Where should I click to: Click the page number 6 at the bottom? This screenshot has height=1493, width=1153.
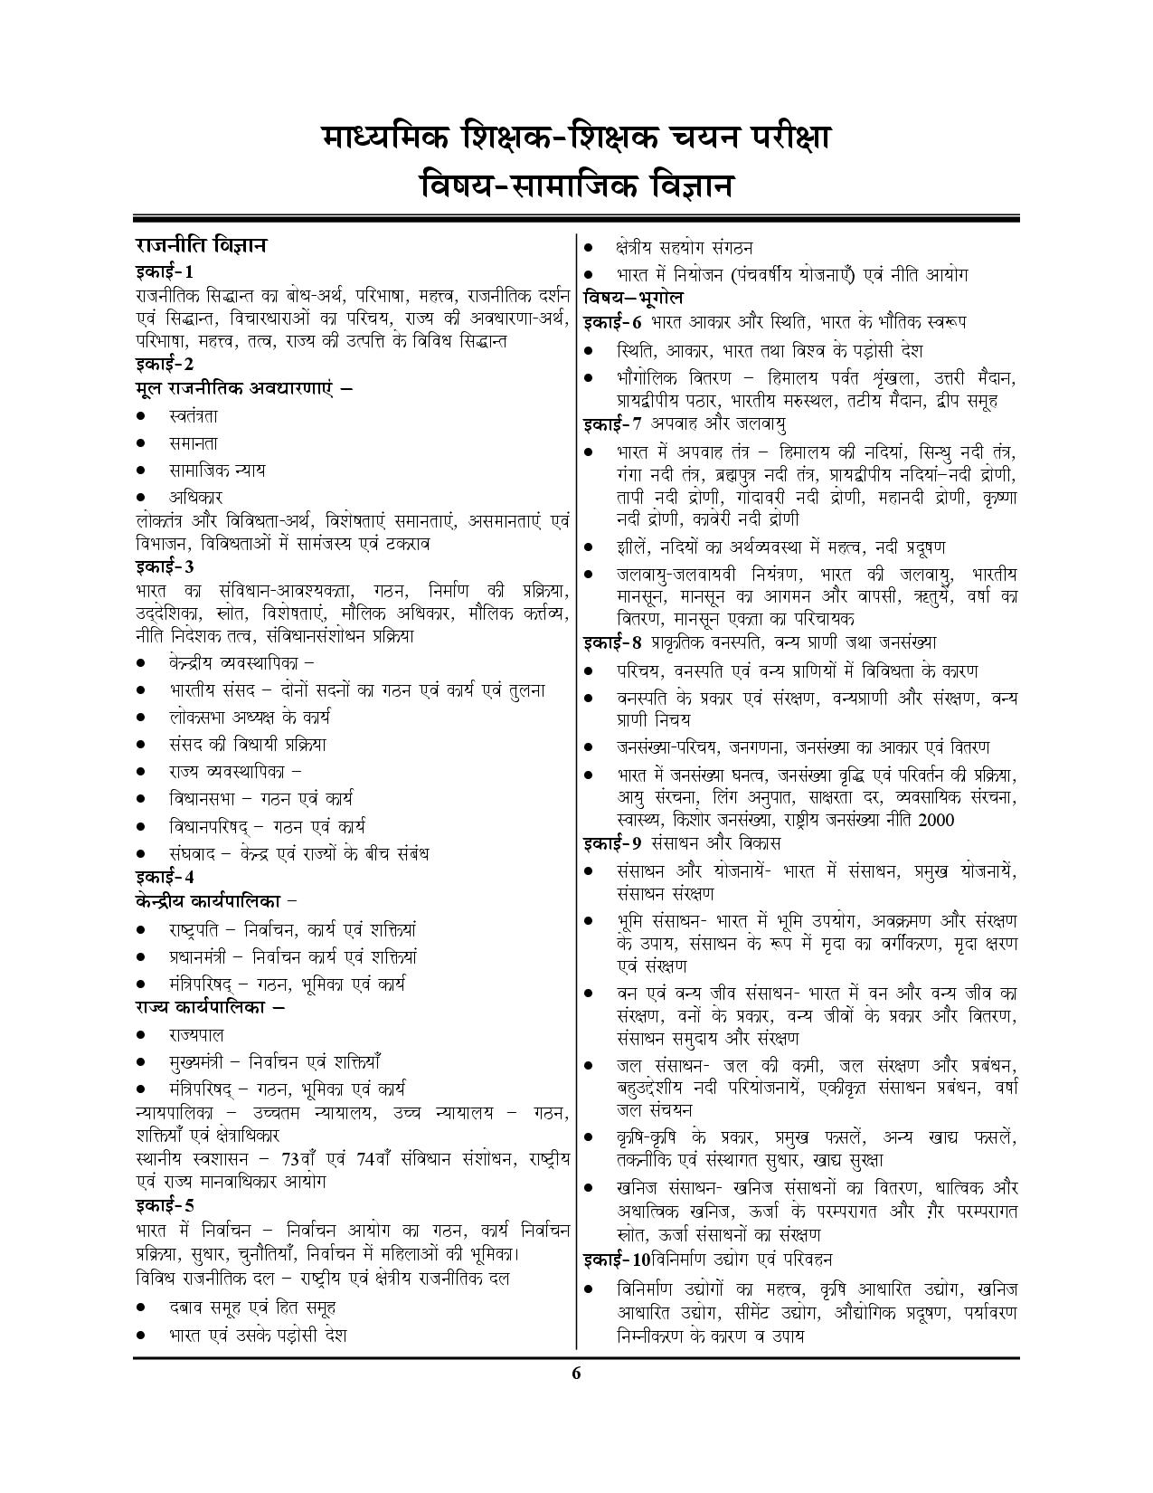pyautogui.click(x=576, y=1374)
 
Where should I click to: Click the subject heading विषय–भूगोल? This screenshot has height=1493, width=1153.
pyautogui.click(x=633, y=298)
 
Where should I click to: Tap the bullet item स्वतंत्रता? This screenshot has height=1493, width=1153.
pyautogui.click(x=193, y=416)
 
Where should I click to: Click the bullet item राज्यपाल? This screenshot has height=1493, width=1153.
pyautogui.click(x=195, y=1034)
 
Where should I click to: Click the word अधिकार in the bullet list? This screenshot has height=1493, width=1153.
pyautogui.click(x=194, y=497)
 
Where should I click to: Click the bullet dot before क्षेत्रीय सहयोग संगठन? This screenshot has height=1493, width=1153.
pyautogui.click(x=589, y=248)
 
